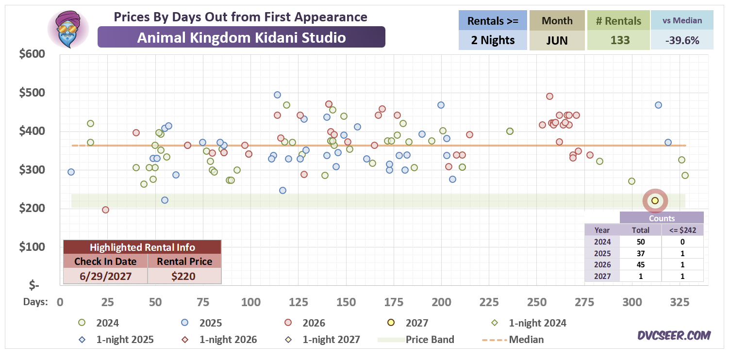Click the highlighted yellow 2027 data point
click(x=655, y=200)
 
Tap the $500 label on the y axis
click(x=32, y=93)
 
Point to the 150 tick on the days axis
click(x=346, y=302)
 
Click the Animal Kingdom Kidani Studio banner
click(x=241, y=37)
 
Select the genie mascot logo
click(x=68, y=29)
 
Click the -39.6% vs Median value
click(x=682, y=40)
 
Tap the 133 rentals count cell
click(x=620, y=40)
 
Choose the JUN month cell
click(x=557, y=40)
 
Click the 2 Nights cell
click(x=493, y=40)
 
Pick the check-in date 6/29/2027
click(x=105, y=276)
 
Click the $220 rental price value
click(x=183, y=276)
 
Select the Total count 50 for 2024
click(x=641, y=242)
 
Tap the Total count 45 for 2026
click(x=641, y=264)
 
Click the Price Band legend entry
click(x=416, y=340)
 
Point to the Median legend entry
click(x=513, y=340)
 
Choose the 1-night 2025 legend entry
click(x=116, y=340)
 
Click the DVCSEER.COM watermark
click(x=674, y=336)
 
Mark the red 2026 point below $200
click(x=105, y=210)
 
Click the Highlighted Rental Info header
click(x=142, y=247)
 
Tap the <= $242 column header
click(x=682, y=230)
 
